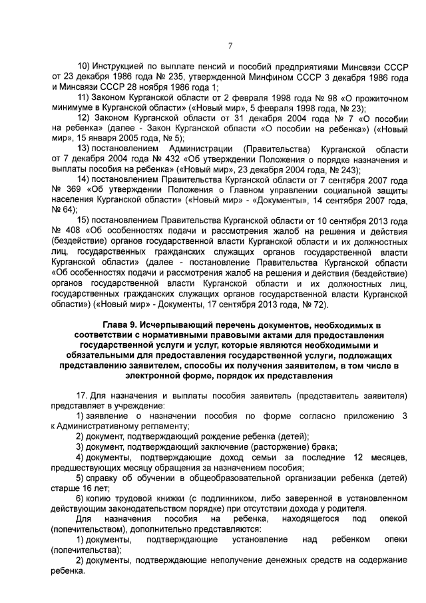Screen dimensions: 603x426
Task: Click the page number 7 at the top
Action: tap(230, 46)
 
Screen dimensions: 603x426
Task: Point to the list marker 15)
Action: tap(85, 221)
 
